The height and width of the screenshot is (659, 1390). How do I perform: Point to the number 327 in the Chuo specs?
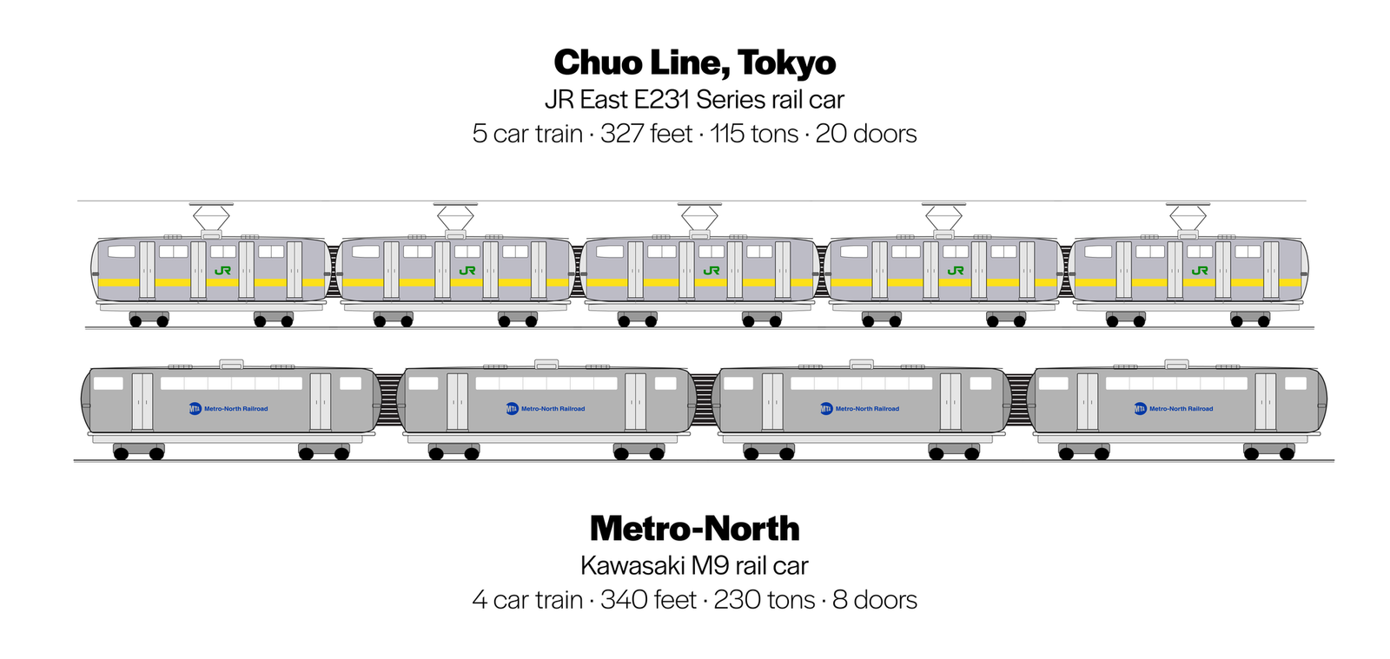pyautogui.click(x=623, y=134)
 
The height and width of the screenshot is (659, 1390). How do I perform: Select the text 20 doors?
pyautogui.click(x=865, y=134)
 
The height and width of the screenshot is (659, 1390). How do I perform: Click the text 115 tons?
pyautogui.click(x=753, y=134)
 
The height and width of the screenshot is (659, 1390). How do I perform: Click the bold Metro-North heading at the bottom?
pyautogui.click(x=694, y=529)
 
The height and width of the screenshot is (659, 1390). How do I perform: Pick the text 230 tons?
pyautogui.click(x=764, y=600)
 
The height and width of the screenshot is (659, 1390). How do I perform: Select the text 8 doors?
pyautogui.click(x=874, y=600)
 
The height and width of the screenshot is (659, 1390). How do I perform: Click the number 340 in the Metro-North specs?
pyautogui.click(x=622, y=600)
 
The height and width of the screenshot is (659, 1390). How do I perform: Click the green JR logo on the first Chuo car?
pyautogui.click(x=222, y=271)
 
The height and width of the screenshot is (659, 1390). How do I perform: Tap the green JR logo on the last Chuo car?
pyautogui.click(x=1200, y=271)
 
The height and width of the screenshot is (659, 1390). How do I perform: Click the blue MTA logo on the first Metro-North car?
pyautogui.click(x=195, y=408)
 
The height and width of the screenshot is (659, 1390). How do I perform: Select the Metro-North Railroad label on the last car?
pyautogui.click(x=1181, y=408)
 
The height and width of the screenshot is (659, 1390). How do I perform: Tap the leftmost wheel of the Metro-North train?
pyautogui.click(x=121, y=453)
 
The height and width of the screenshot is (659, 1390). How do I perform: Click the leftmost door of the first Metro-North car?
pyautogui.click(x=142, y=401)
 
